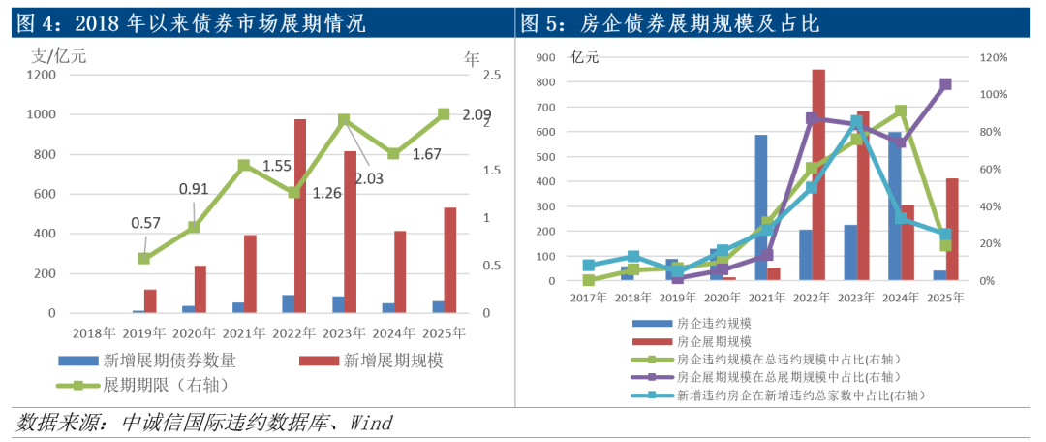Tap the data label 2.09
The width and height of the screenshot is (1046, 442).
click(x=475, y=114)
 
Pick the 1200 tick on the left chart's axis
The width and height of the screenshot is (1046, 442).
click(x=41, y=75)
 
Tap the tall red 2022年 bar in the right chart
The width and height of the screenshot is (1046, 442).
click(x=818, y=174)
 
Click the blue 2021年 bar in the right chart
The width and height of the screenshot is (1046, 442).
click(x=761, y=207)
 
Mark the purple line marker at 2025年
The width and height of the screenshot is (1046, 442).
click(x=946, y=84)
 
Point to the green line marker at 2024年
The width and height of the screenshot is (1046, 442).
click(x=901, y=111)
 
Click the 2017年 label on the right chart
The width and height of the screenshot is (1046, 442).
click(x=589, y=298)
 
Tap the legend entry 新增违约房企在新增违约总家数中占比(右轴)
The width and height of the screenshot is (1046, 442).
click(x=800, y=395)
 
